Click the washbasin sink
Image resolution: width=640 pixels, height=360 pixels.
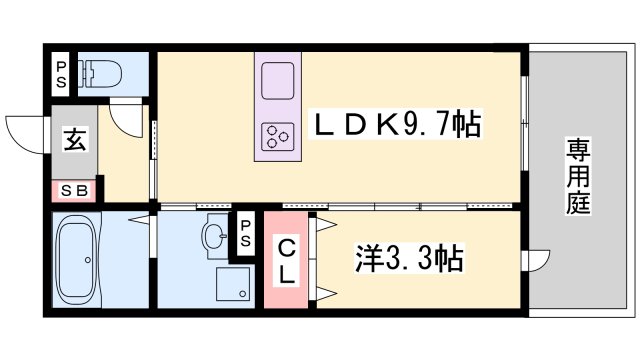click(x=213, y=237)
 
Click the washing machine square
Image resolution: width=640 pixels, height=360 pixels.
click(x=234, y=284)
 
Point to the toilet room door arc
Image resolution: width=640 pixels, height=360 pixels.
click(x=128, y=120)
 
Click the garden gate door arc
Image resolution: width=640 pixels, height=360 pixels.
click(x=540, y=259)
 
